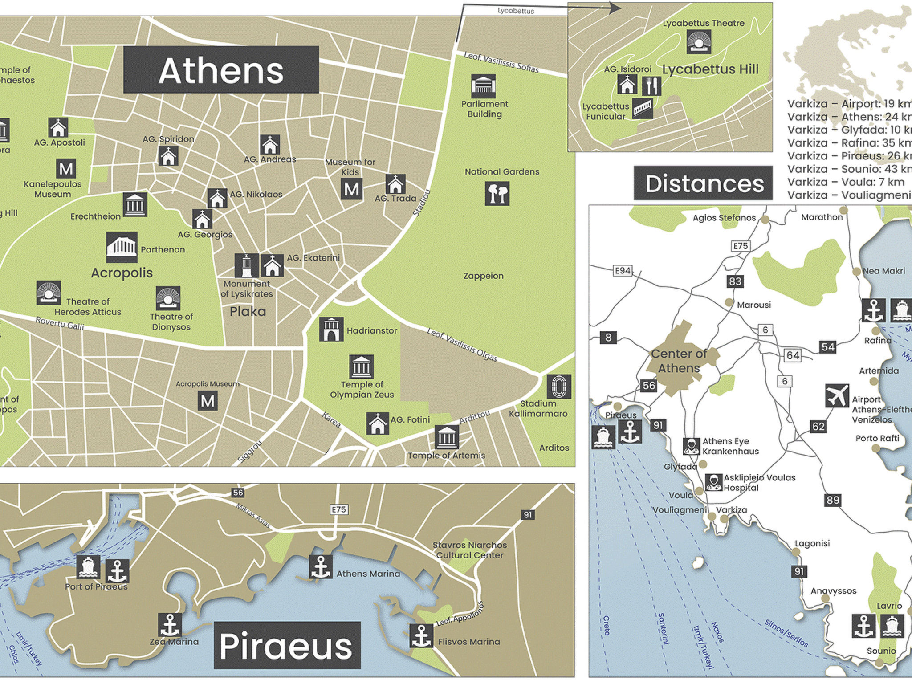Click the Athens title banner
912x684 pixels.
click(x=221, y=70)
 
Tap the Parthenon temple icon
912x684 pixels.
click(x=122, y=247)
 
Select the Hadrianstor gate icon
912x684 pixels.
click(x=331, y=329)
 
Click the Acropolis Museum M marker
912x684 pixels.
click(x=208, y=401)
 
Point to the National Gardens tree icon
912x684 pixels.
click(x=497, y=194)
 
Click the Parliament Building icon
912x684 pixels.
click(x=483, y=86)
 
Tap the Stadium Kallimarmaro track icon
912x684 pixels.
click(x=558, y=386)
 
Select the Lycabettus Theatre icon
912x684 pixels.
click(x=698, y=41)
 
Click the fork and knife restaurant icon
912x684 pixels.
click(x=651, y=85)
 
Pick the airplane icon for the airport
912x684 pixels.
click(x=837, y=395)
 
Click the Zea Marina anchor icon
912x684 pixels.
click(x=170, y=624)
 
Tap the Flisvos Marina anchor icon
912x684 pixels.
click(x=421, y=635)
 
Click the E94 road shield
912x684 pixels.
click(x=622, y=270)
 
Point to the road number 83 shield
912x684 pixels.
click(x=735, y=281)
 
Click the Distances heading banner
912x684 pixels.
click(x=704, y=183)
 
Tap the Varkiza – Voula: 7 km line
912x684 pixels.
click(x=845, y=182)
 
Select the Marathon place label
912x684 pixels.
click(x=822, y=217)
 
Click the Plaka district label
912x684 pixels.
click(x=248, y=311)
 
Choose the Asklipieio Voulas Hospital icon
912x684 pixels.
click(x=713, y=482)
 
